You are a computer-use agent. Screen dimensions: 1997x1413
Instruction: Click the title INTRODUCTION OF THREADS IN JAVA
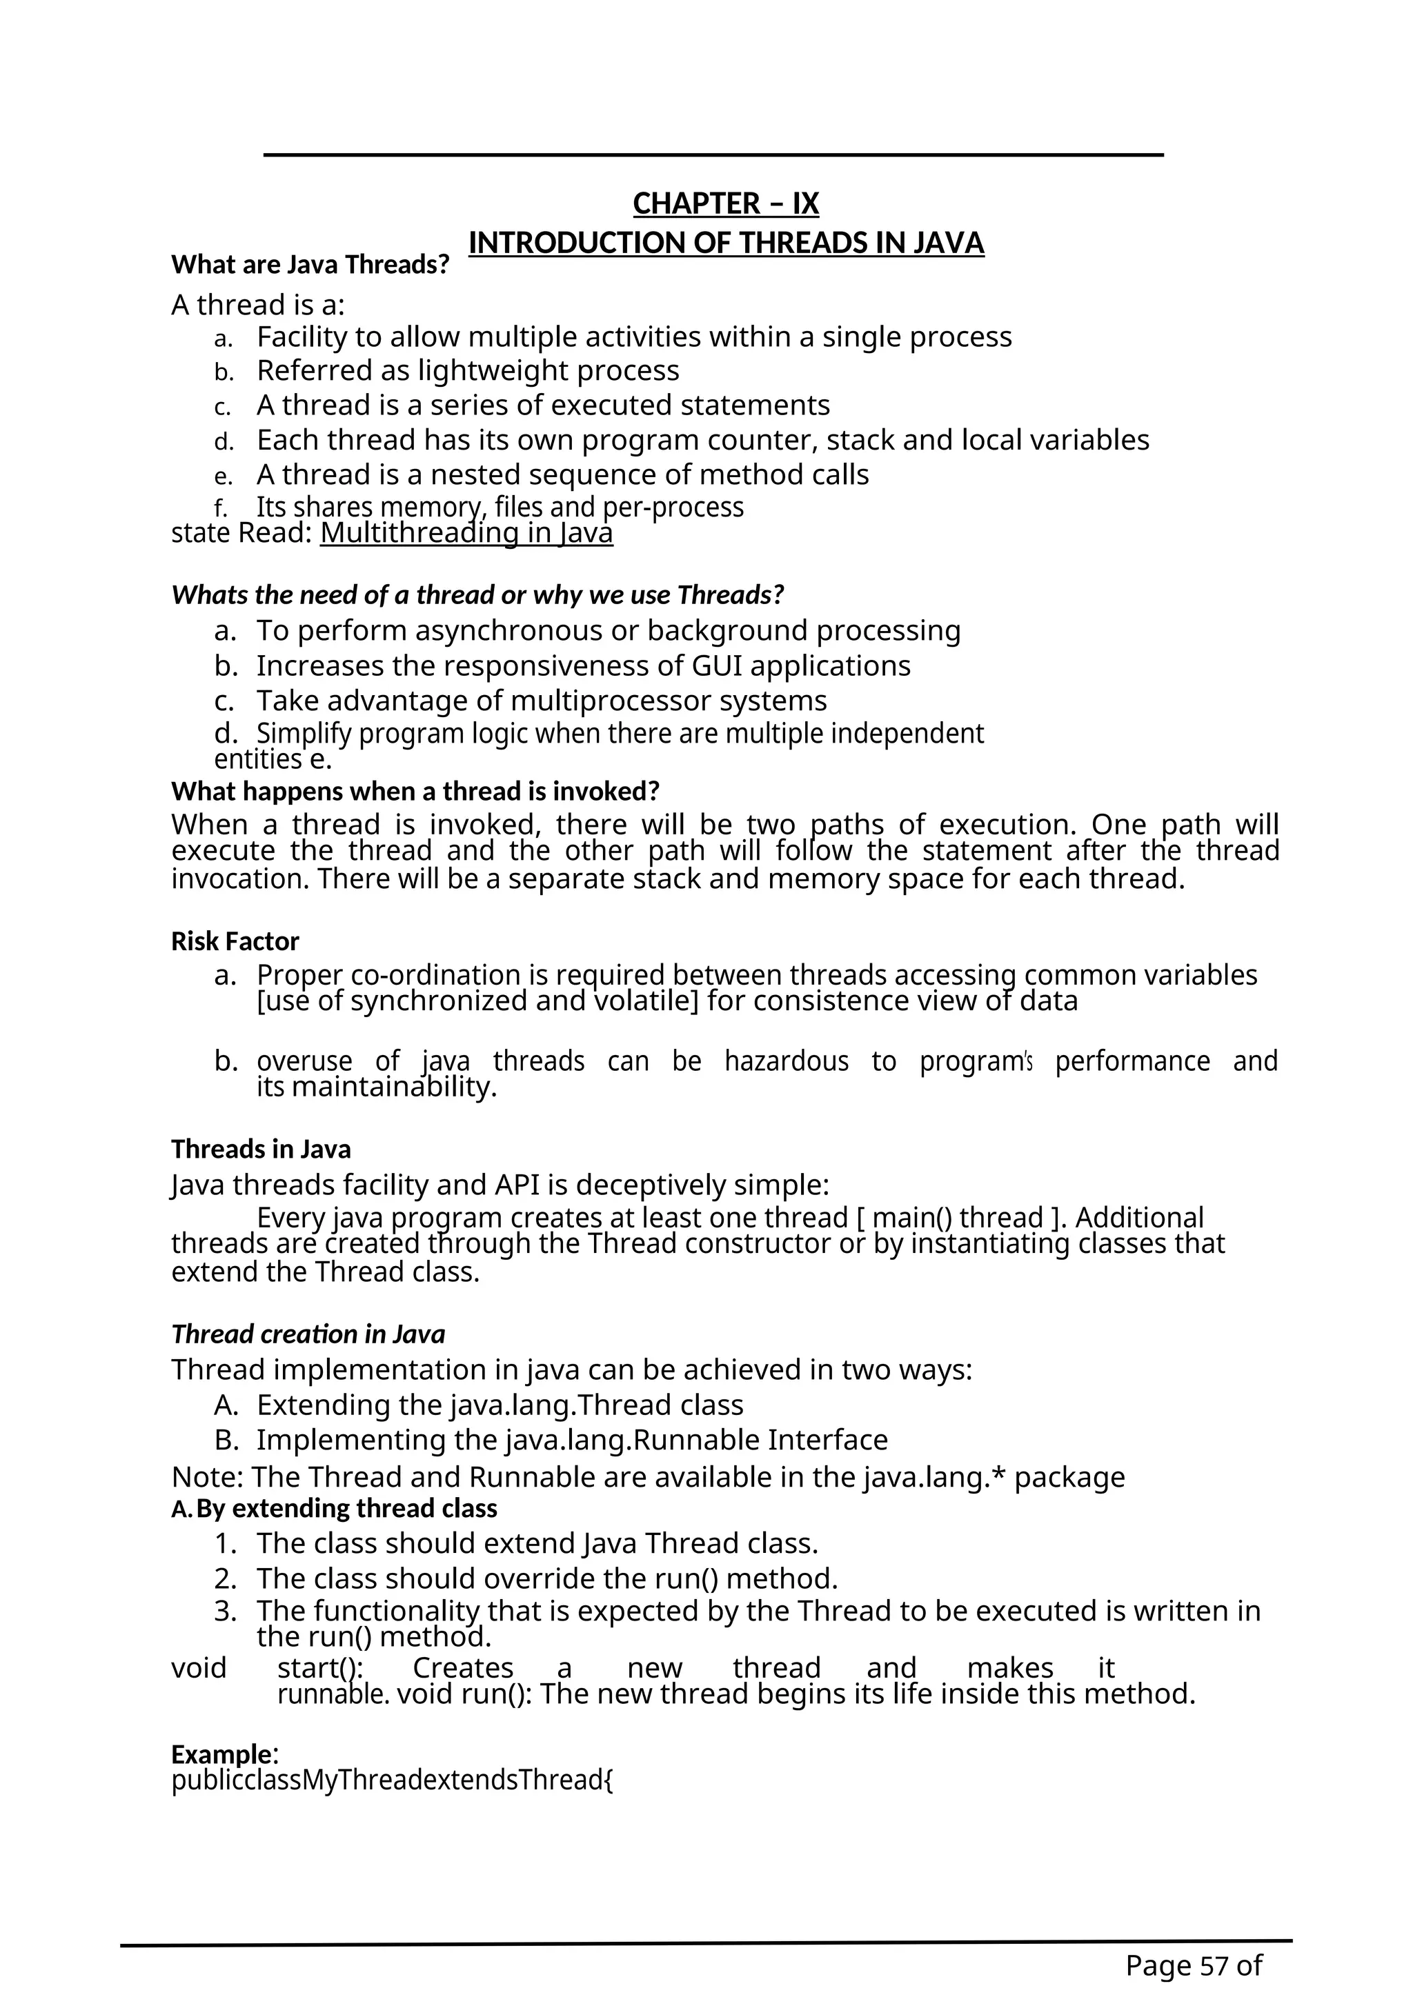tap(726, 243)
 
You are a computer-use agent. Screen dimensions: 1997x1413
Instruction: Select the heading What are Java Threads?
tap(310, 264)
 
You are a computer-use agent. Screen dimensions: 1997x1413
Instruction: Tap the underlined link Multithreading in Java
tap(466, 532)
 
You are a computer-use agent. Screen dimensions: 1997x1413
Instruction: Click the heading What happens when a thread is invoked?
tap(415, 792)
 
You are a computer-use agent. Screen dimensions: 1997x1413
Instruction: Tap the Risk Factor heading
tap(235, 941)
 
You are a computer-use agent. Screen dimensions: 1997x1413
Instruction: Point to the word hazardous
tap(786, 1061)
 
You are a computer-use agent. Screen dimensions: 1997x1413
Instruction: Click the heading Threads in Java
tap(261, 1149)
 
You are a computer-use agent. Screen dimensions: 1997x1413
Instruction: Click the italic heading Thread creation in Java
tap(308, 1334)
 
